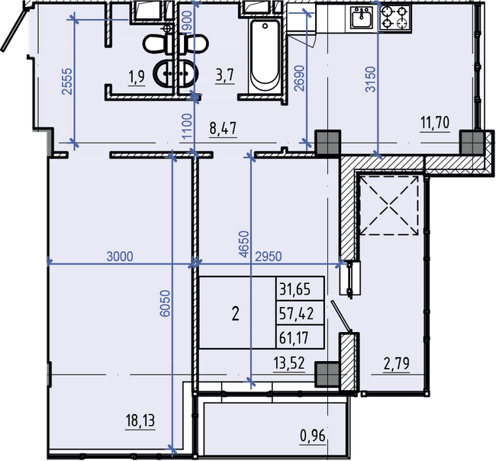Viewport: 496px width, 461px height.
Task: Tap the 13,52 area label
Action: pyautogui.click(x=290, y=364)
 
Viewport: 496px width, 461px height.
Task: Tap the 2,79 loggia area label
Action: pyautogui.click(x=396, y=364)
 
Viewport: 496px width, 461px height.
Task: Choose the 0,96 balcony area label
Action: pyautogui.click(x=314, y=437)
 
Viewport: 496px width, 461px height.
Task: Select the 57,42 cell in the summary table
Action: pyautogui.click(x=300, y=312)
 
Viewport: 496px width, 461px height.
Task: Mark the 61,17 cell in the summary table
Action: pyautogui.click(x=300, y=336)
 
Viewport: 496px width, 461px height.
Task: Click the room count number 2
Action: pyautogui.click(x=236, y=313)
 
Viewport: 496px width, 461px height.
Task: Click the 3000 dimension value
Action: pyautogui.click(x=120, y=256)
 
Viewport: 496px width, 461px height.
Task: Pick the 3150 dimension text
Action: pyautogui.click(x=371, y=78)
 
